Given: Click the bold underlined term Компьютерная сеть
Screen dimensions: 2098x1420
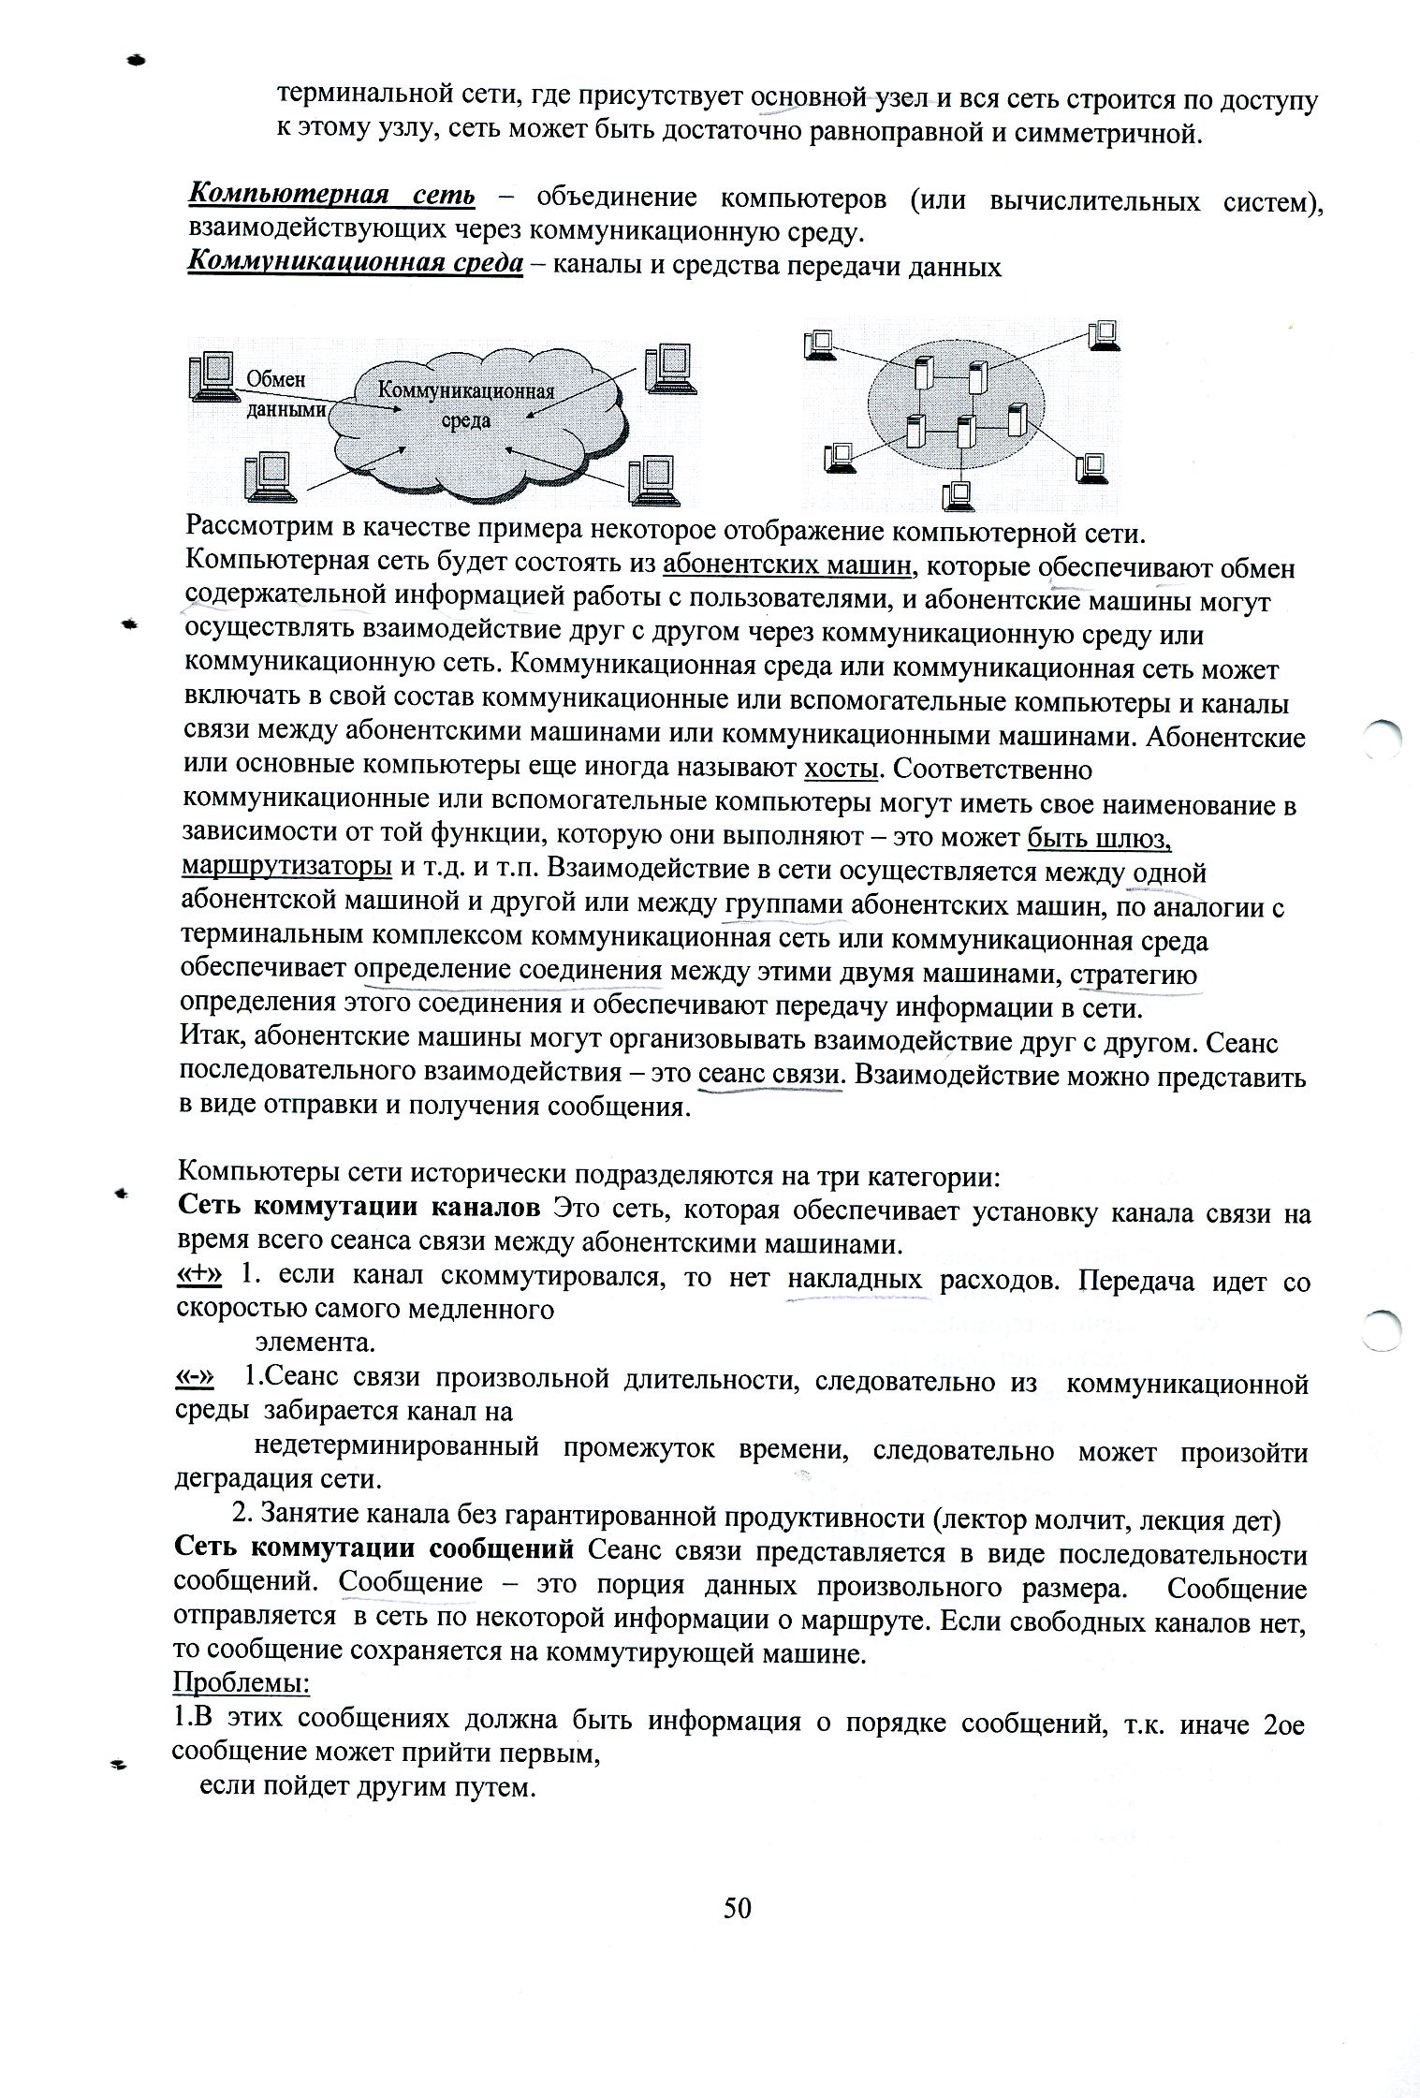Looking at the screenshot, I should (x=331, y=196).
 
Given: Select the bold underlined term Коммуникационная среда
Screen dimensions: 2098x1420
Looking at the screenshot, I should (x=355, y=264).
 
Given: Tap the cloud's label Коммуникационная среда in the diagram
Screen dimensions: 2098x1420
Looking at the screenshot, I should (x=465, y=404).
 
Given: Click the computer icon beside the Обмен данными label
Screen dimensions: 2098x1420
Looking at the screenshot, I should (x=210, y=377).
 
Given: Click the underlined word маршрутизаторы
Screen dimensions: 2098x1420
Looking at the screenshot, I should (x=286, y=866).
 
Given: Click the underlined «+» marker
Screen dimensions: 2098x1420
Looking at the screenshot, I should (x=199, y=1276).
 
